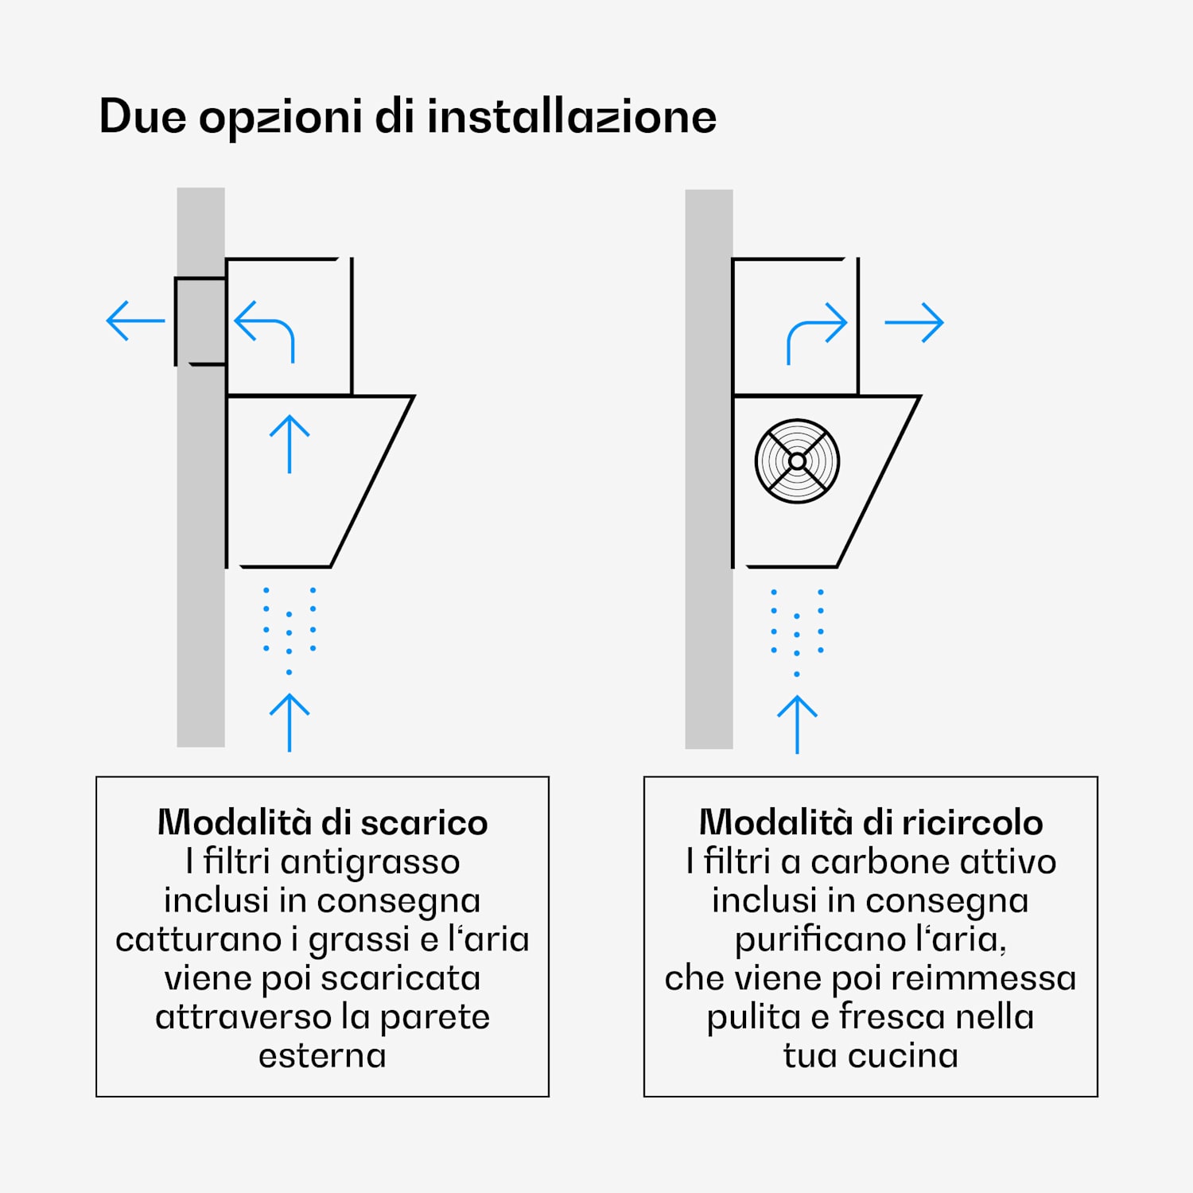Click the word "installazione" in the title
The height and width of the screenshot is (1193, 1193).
click(x=572, y=116)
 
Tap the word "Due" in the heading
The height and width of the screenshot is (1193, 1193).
click(x=142, y=116)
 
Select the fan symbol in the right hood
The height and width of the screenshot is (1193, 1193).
click(x=797, y=461)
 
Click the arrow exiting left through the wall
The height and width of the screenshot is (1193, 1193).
click(x=136, y=321)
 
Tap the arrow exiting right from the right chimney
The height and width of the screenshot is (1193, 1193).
click(x=915, y=322)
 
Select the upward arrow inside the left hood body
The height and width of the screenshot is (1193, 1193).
click(x=290, y=444)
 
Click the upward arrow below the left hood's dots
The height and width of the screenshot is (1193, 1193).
click(x=290, y=722)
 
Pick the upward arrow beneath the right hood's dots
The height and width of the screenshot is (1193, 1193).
click(x=797, y=725)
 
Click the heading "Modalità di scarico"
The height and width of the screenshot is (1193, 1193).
click(x=322, y=822)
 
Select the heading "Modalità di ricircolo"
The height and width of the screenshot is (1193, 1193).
click(x=871, y=822)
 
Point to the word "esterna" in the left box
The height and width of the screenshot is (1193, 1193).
click(x=322, y=1056)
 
